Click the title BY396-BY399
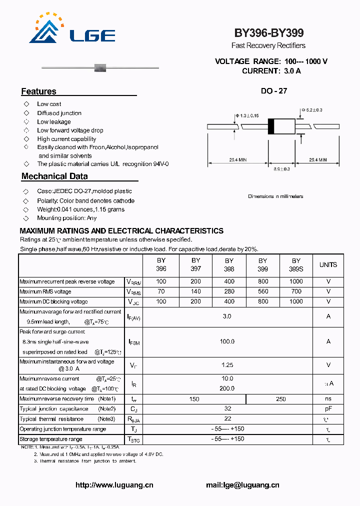tap(268, 33)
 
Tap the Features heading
tap(38, 91)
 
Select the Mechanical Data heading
tap(54, 176)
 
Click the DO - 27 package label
tap(273, 91)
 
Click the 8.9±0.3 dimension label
tap(281, 169)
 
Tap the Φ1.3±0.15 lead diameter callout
tap(249, 116)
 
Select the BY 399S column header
tap(296, 264)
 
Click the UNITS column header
tap(328, 264)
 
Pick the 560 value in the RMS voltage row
tap(263, 291)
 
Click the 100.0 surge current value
tap(227, 341)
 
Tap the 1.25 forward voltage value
tap(227, 365)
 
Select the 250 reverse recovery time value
tap(280, 399)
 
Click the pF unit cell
tap(328, 409)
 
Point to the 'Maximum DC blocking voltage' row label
tap(53, 301)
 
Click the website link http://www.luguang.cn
tap(114, 485)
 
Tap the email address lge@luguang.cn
tap(242, 485)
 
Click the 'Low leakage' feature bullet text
tap(54, 122)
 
